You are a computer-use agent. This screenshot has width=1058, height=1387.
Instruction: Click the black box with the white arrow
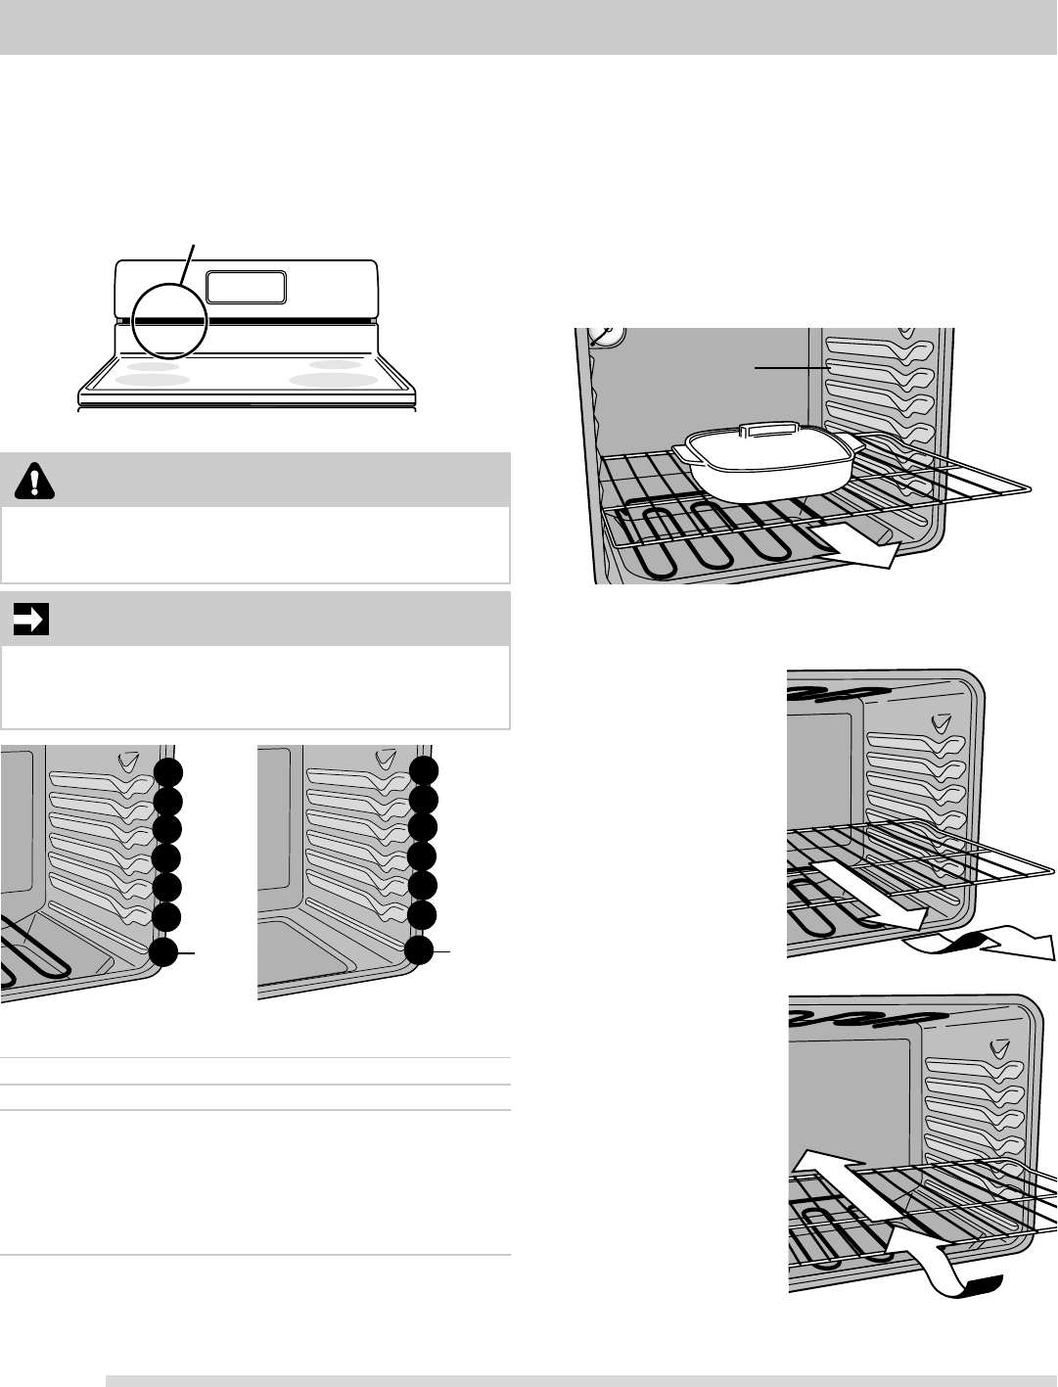(31, 620)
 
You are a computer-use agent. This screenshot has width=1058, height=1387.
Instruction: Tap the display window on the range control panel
(247, 287)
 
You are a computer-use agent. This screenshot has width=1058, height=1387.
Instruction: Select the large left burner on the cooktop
(153, 379)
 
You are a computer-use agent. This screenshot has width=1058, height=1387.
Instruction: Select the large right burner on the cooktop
(334, 380)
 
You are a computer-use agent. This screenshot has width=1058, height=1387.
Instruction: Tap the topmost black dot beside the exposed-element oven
(167, 771)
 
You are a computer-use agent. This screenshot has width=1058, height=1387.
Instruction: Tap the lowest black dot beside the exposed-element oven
(164, 952)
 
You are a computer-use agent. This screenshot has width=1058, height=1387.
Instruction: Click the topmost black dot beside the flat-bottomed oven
(424, 770)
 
